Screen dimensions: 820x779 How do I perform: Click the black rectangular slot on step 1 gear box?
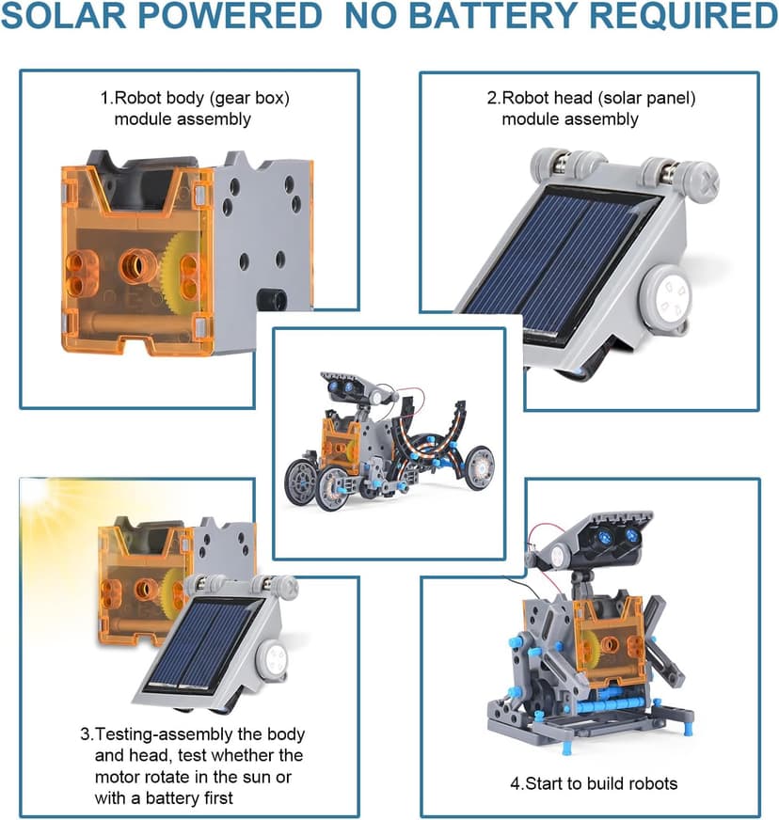[x=274, y=300]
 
